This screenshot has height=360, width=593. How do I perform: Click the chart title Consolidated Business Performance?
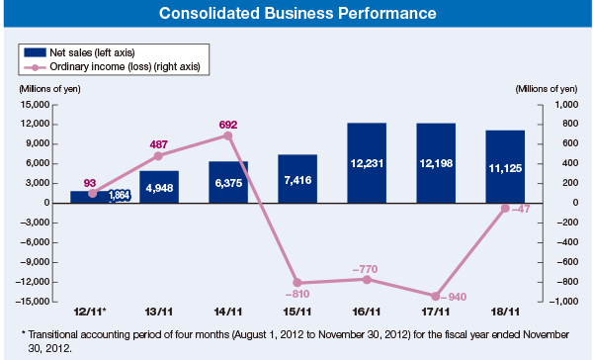[x=296, y=15]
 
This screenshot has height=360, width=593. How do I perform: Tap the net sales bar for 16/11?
[x=366, y=162]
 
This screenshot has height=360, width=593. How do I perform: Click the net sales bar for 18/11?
[x=504, y=166]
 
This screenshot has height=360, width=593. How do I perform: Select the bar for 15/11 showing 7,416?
[x=297, y=179]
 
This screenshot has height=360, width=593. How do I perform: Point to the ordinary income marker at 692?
[x=228, y=135]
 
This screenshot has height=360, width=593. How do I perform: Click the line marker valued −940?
[x=436, y=296]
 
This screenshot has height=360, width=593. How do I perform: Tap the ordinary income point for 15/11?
[x=297, y=283]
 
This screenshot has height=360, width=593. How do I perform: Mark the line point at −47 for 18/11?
[x=505, y=208]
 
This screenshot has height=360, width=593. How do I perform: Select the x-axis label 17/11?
[x=436, y=312]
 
